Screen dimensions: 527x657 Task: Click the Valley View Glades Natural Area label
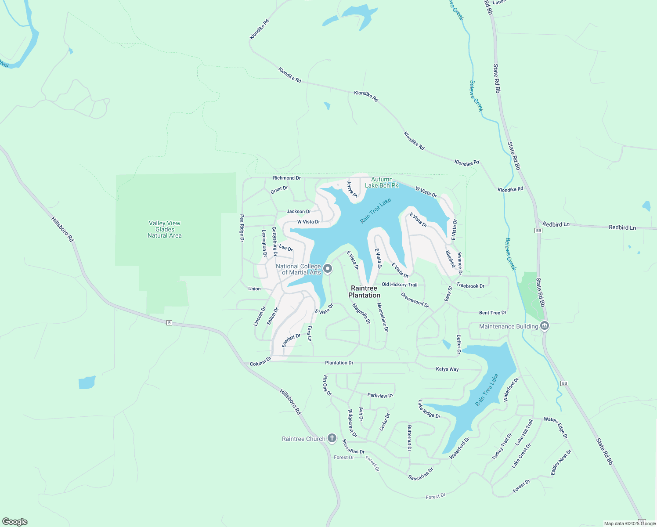165,229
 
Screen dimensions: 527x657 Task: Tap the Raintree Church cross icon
332,438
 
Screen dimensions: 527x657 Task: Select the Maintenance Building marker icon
545,326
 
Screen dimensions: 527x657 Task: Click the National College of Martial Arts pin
328,268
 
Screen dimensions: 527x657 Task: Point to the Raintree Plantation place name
364,292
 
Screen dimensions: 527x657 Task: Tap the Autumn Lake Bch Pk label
382,182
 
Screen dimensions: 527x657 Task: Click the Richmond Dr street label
287,178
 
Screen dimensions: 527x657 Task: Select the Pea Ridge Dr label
242,228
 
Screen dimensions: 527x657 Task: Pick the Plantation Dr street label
339,363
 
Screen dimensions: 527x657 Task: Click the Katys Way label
447,369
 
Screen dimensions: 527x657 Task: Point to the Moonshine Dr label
383,317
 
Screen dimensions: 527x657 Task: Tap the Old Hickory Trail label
399,285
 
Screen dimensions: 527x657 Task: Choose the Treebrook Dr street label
470,285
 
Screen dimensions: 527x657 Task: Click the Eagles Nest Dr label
561,462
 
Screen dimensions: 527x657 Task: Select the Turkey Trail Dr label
502,447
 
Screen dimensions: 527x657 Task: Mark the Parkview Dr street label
380,396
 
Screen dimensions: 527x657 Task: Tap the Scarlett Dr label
291,340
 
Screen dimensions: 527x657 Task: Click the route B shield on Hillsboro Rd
169,323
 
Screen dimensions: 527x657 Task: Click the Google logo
15,522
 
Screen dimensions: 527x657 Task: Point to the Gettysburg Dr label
274,241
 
